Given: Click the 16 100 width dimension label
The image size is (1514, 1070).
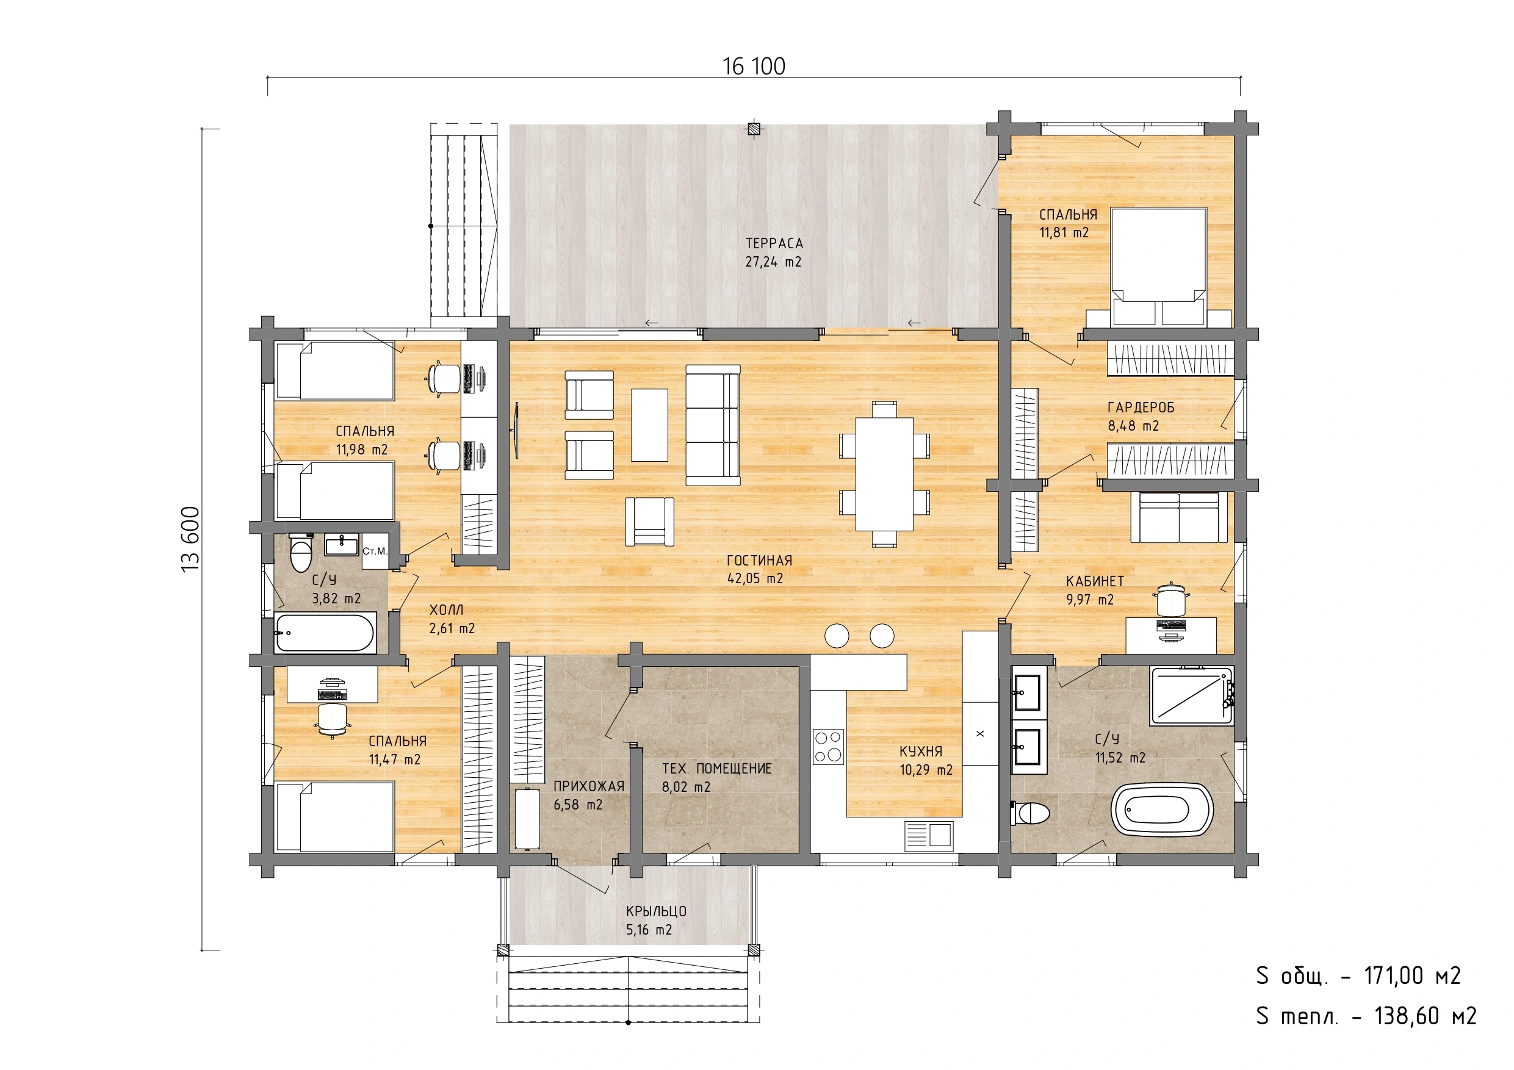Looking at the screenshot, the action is click(754, 66).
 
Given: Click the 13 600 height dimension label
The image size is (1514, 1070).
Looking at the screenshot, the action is click(190, 539).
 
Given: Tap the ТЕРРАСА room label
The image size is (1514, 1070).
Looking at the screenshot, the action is click(774, 243).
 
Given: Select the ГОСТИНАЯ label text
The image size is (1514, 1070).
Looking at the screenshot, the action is click(759, 561).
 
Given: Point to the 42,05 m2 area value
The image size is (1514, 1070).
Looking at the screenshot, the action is click(755, 579).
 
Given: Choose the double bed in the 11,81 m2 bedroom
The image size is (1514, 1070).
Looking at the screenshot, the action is click(1159, 267).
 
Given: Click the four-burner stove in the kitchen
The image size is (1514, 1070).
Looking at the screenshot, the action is click(828, 747).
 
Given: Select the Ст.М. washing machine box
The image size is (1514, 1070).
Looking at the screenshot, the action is click(375, 551).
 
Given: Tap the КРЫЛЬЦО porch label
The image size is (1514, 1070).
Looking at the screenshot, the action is click(656, 911).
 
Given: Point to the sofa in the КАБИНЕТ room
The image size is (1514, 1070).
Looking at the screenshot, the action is click(1180, 517).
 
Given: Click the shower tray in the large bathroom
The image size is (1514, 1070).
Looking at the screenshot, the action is click(1192, 696).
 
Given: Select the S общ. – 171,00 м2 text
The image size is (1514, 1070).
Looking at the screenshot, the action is click(1359, 975).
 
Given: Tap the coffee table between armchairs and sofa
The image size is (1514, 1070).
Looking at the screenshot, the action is click(649, 425).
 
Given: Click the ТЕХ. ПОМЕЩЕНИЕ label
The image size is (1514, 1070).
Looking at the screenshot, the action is click(717, 769).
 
